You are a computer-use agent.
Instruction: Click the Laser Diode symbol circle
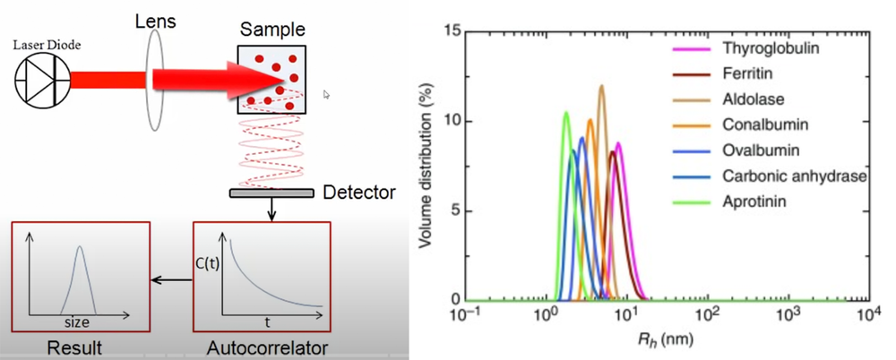[41, 80]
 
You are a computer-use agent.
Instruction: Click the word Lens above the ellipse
[155, 19]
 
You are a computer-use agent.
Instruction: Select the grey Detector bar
[271, 193]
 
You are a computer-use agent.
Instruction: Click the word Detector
[358, 192]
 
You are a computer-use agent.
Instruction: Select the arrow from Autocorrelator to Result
[169, 279]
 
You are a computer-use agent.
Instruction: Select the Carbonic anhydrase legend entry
[793, 176]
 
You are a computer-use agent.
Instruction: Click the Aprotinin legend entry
[754, 202]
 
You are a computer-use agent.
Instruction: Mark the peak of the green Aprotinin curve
[565, 112]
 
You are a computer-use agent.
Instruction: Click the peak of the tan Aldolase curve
[601, 86]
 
